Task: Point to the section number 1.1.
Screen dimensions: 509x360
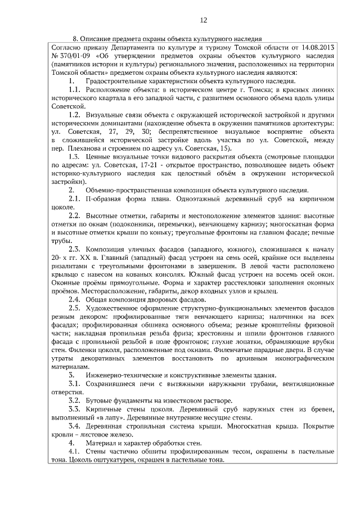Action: point(75,89)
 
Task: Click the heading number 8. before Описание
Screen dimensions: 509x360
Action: point(76,38)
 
